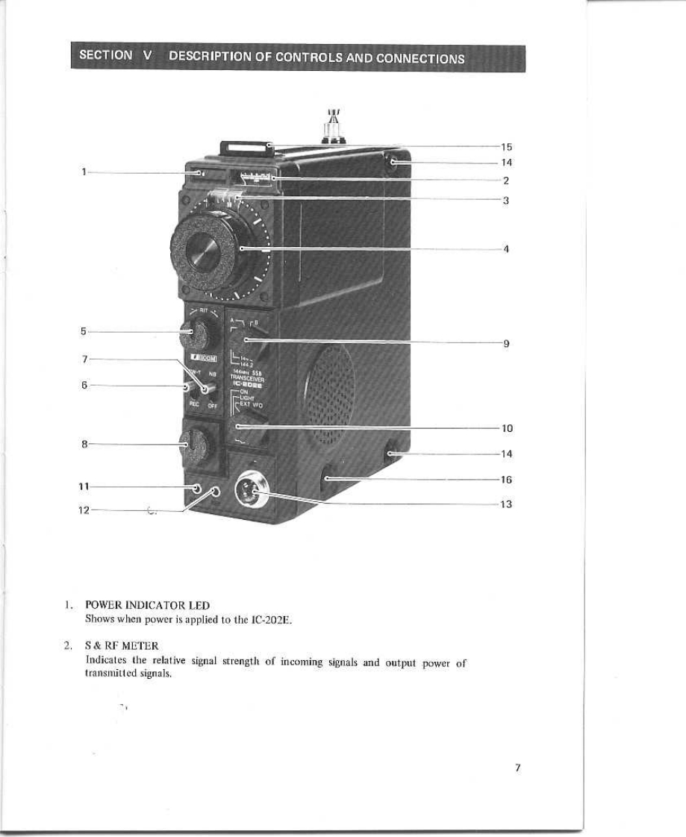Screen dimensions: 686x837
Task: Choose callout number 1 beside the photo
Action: (x=87, y=172)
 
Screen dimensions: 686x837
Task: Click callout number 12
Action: (x=84, y=510)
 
